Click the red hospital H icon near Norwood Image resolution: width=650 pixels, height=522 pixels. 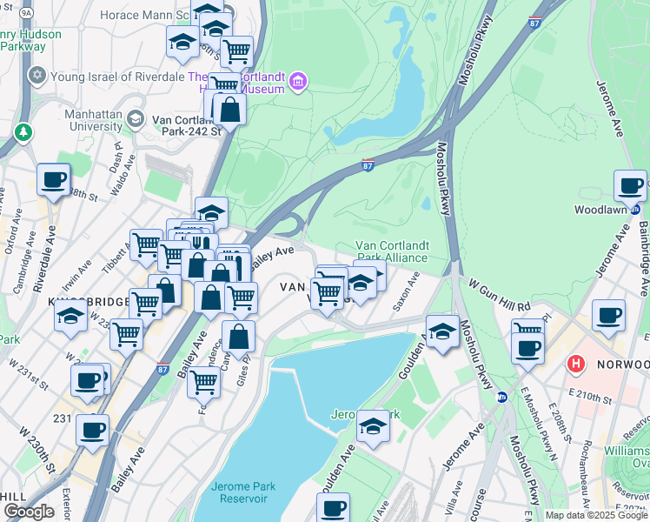[x=574, y=363]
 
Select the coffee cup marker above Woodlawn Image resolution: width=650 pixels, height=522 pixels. [x=630, y=185]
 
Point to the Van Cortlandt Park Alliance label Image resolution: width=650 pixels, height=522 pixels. [x=392, y=251]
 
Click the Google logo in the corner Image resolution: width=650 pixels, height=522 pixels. [x=28, y=512]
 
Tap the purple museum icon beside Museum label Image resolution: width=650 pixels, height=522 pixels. [x=299, y=83]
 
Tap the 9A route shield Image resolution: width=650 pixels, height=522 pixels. [x=27, y=14]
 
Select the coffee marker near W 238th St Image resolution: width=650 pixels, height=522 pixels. [x=53, y=180]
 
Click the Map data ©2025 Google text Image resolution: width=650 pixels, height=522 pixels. [x=595, y=515]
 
